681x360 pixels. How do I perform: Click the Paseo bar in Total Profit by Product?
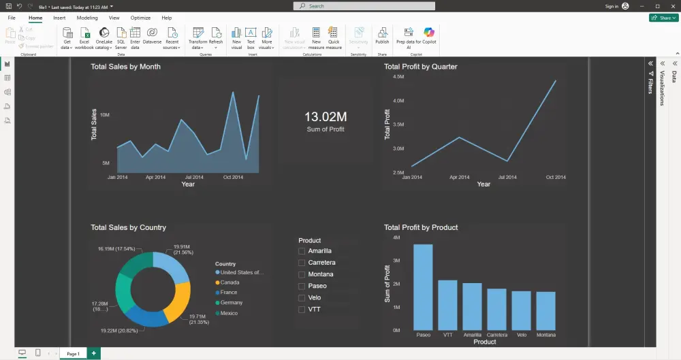[423, 287]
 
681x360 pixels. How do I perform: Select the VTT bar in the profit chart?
[447, 305]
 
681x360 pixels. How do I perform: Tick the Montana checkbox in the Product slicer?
[302, 274]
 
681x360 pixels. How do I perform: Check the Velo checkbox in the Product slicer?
[302, 297]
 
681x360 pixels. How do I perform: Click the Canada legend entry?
[229, 282]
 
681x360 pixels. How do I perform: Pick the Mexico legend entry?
[229, 313]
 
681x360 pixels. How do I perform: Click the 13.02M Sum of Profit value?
[326, 117]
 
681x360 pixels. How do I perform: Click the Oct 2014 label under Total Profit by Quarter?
[556, 177]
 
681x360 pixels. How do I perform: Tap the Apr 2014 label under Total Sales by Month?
[155, 177]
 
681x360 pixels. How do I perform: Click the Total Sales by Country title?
[128, 227]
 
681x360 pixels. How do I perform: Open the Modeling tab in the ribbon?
[86, 18]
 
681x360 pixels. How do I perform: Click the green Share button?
[663, 18]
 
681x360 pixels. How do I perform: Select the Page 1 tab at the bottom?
[72, 354]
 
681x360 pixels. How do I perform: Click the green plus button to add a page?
[93, 354]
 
